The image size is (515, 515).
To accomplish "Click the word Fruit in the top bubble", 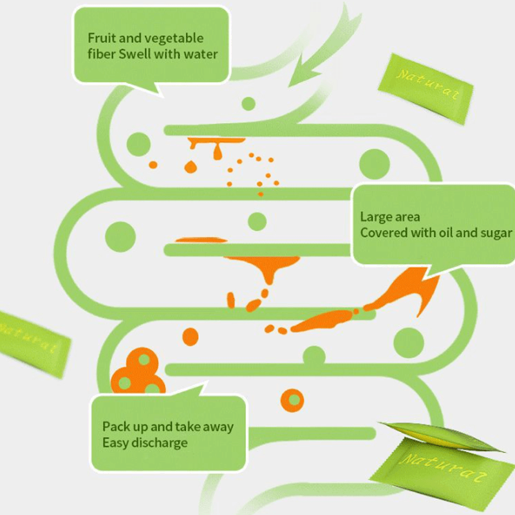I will (101, 39).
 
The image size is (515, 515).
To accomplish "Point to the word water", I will (201, 54).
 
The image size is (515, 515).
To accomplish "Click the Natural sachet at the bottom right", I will (441, 467).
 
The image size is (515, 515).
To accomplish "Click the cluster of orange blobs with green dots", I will (137, 372).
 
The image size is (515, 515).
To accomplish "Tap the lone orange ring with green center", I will (293, 400).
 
